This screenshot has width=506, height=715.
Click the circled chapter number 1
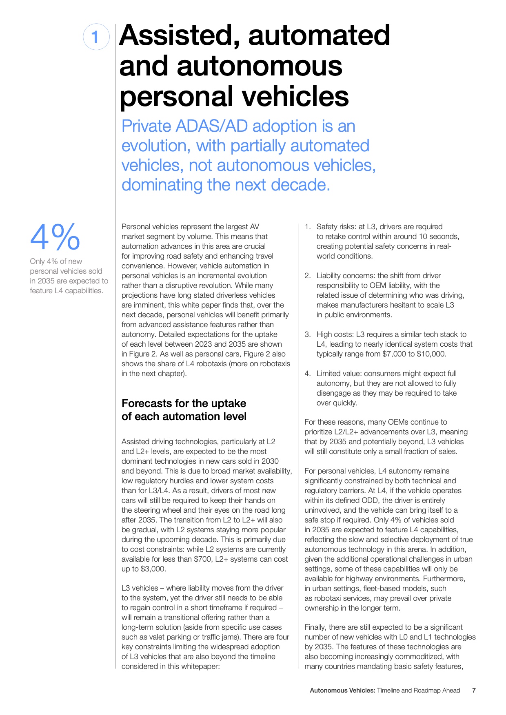tap(96, 37)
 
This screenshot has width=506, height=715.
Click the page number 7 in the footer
tap(474, 691)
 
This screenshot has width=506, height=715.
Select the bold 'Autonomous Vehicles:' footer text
tap(342, 691)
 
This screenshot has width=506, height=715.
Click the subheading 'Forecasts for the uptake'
tap(184, 403)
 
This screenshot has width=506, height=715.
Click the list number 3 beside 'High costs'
tap(307, 334)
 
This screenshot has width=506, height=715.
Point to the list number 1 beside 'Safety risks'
tap(307, 227)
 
